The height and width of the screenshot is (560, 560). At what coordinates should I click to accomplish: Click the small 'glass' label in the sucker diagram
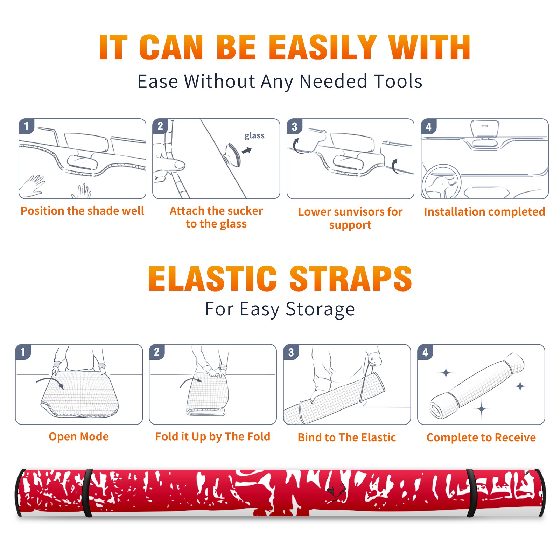tap(254, 136)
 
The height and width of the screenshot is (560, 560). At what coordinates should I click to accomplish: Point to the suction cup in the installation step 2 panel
tap(233, 154)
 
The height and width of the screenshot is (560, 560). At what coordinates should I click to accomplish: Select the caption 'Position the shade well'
tap(82, 211)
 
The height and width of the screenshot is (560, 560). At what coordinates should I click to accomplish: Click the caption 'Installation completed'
tap(484, 211)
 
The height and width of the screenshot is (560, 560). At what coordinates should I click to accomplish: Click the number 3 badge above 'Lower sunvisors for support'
tap(294, 127)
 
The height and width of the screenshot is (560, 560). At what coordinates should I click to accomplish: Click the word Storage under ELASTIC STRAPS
tap(320, 309)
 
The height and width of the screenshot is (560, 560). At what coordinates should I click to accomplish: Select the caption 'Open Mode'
tap(79, 436)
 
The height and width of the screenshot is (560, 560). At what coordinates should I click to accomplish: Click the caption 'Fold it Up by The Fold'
tap(213, 436)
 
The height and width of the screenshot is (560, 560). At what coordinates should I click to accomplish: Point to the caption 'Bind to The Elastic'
tap(347, 437)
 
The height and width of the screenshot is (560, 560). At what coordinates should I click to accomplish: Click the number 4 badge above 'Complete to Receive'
tap(425, 352)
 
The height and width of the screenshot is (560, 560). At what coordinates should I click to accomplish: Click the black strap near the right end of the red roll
tap(472, 493)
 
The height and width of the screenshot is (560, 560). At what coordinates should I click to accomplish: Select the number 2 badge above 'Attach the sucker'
tap(160, 126)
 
